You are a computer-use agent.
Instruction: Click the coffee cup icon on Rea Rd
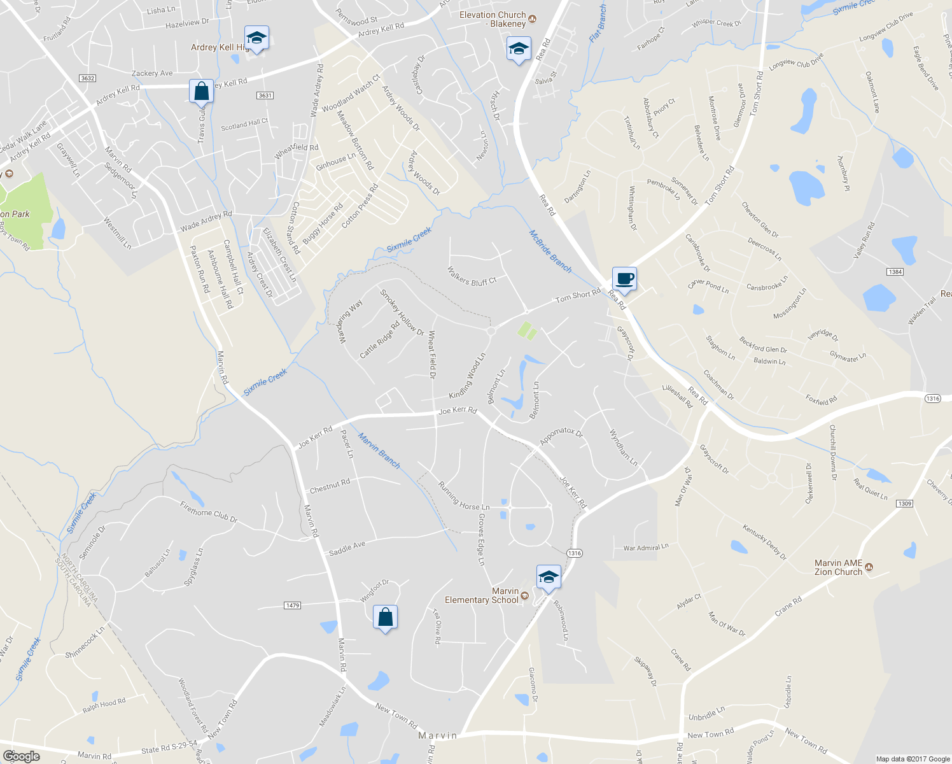[x=624, y=279]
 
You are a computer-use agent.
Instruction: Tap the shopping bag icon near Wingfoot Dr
[x=385, y=618]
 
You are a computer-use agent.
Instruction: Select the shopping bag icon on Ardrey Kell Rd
[x=201, y=92]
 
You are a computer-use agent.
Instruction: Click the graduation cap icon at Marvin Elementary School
[x=549, y=577]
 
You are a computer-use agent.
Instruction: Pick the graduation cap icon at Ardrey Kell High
[x=256, y=38]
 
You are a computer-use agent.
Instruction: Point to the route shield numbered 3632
[x=87, y=78]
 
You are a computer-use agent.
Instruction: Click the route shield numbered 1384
[x=895, y=272]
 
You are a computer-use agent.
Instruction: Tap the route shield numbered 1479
[x=292, y=605]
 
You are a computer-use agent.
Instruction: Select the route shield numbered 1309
[x=904, y=504]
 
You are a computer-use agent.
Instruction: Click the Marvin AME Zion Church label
[x=839, y=567]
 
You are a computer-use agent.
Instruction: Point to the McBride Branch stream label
[x=550, y=251]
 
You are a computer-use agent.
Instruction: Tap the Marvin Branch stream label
[x=379, y=451]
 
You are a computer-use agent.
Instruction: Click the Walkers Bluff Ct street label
[x=472, y=276]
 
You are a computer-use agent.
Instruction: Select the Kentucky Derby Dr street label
[x=764, y=542]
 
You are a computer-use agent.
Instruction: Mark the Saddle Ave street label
[x=347, y=548]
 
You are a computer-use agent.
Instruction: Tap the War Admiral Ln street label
[x=646, y=547]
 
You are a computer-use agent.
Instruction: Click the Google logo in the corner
[x=21, y=756]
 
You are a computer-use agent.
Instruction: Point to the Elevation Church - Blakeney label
[x=493, y=19]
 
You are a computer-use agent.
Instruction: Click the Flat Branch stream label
[x=598, y=24]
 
